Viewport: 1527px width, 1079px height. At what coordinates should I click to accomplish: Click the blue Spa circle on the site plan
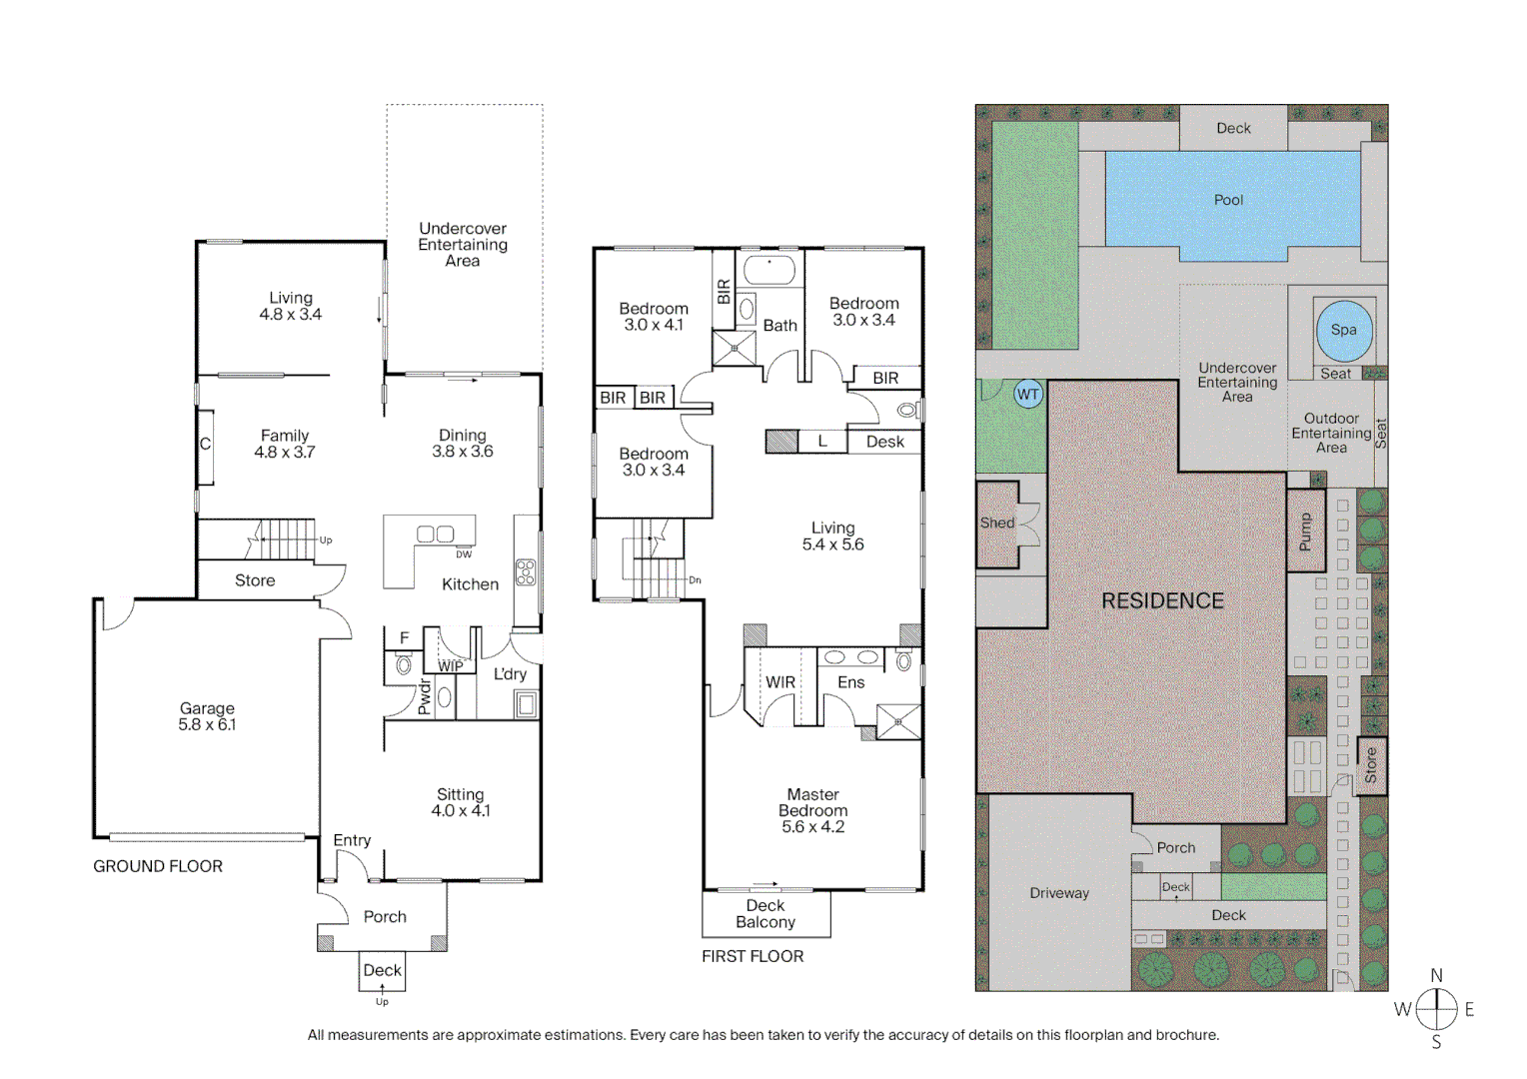coord(1343,331)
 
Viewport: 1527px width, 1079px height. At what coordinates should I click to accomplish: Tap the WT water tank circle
coord(1027,394)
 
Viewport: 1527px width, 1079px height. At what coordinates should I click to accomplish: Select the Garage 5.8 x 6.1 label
coord(207,716)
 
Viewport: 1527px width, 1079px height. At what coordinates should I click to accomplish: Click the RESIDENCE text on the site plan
coord(1162,600)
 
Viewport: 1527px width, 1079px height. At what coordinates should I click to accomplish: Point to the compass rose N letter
coord(1436,975)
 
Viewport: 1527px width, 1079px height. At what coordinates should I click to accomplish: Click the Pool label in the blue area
coord(1228,200)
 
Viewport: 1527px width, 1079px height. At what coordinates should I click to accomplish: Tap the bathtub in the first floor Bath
coord(768,270)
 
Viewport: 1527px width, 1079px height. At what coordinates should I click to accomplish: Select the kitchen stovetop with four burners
coord(526,572)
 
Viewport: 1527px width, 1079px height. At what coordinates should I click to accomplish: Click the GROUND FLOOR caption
coord(158,866)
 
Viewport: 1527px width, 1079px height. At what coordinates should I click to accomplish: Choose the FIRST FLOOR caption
coord(753,956)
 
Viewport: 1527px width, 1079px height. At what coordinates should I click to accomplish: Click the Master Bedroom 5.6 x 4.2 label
coord(812,810)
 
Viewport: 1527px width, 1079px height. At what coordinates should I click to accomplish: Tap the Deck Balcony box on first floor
coord(765,914)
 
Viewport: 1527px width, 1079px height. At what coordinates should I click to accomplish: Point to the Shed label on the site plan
coord(996,523)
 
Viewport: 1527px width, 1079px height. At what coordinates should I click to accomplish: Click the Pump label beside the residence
coord(1304,532)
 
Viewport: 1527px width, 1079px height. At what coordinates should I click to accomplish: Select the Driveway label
coord(1059,893)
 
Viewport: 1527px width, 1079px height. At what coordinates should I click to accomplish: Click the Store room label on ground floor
coord(255,580)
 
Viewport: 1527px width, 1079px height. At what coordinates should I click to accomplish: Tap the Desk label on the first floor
coord(884,442)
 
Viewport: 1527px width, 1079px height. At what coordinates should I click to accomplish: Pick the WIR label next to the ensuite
coord(780,682)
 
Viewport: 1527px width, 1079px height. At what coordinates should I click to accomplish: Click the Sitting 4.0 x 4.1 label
coord(461,802)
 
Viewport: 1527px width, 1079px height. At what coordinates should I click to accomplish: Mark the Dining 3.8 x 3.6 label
coord(463,444)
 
